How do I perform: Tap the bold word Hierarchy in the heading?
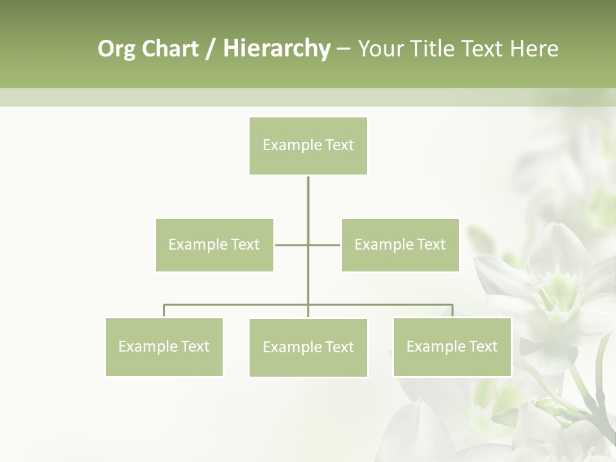click(276, 49)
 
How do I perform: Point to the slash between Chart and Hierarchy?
click(210, 49)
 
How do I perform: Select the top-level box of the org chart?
click(308, 146)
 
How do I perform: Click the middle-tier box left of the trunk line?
click(214, 245)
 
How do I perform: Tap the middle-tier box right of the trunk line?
click(400, 245)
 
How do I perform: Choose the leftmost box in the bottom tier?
click(164, 347)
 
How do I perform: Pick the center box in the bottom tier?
click(308, 348)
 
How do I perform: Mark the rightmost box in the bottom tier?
click(452, 347)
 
